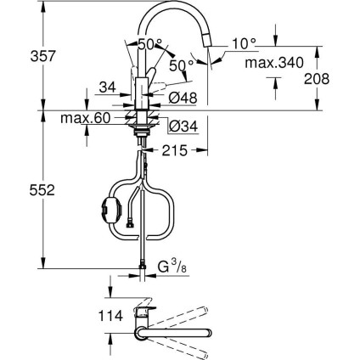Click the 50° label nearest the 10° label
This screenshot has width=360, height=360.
coord(184,63)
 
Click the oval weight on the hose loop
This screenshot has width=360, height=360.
coord(110,209)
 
